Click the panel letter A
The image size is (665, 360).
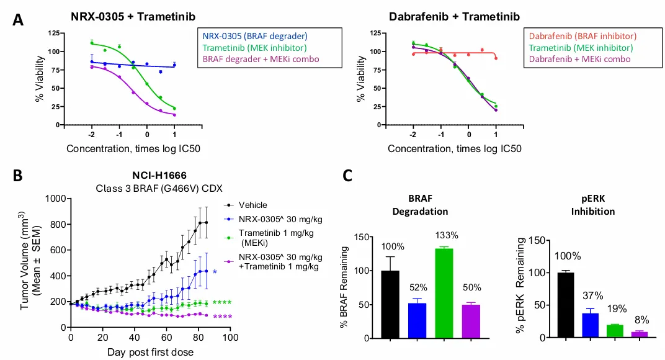(x=19, y=19)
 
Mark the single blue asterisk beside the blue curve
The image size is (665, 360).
(x=215, y=272)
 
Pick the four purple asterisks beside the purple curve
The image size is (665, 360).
(x=223, y=317)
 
